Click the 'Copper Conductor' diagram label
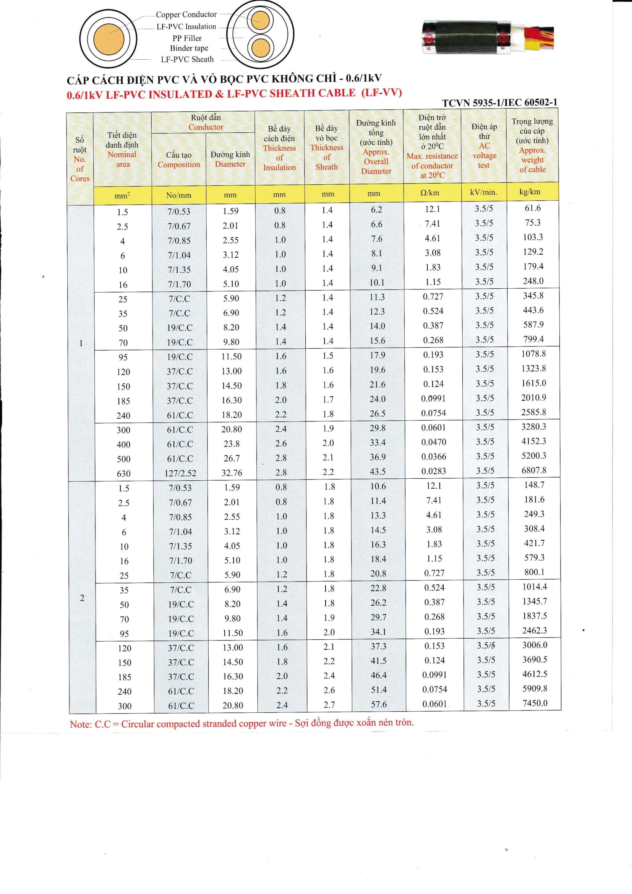pos(186,15)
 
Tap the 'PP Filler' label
pos(187,38)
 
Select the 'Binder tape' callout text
pos(189,48)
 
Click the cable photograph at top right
pos(488,38)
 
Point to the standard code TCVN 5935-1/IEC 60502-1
pos(500,102)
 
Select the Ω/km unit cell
pos(429,193)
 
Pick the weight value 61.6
pos(533,208)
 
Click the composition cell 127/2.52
pos(180,473)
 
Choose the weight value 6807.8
pos(534,470)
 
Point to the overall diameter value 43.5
pos(378,471)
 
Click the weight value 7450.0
pos(535,703)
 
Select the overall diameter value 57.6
pos(379,704)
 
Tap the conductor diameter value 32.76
pos(232,473)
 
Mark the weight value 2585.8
pos(534,412)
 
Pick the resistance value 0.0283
pos(434,471)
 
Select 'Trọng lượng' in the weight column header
pos(532,122)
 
